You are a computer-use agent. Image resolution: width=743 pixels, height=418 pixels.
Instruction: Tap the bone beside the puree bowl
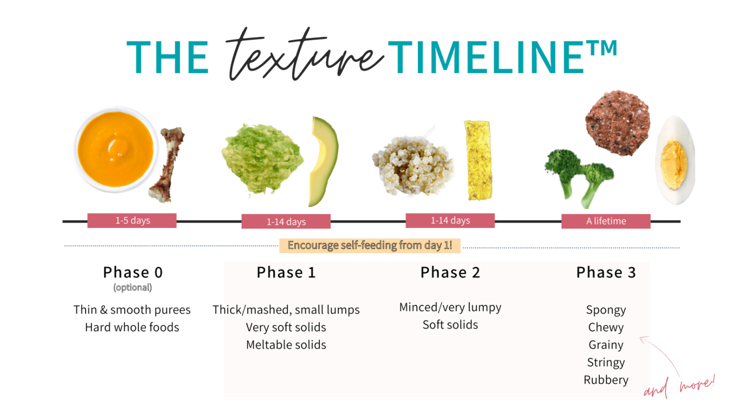(167, 164)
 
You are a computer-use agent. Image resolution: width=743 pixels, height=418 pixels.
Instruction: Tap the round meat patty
(617, 123)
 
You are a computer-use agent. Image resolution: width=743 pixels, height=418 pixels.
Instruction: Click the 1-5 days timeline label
(132, 221)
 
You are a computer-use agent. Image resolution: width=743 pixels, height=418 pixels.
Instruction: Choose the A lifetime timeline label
(606, 221)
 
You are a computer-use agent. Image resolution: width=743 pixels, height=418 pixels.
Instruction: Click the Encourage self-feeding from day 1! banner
(370, 245)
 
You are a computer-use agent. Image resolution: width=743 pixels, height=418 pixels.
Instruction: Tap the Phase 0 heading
(133, 272)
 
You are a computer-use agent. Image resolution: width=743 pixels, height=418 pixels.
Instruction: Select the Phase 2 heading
(450, 272)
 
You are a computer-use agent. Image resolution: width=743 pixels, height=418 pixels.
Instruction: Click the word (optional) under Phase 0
(133, 287)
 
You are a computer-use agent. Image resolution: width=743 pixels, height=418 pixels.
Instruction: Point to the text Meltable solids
(286, 345)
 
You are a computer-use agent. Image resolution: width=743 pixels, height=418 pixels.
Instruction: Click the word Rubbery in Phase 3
(606, 380)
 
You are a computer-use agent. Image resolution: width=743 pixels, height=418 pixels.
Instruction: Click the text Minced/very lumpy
(450, 307)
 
